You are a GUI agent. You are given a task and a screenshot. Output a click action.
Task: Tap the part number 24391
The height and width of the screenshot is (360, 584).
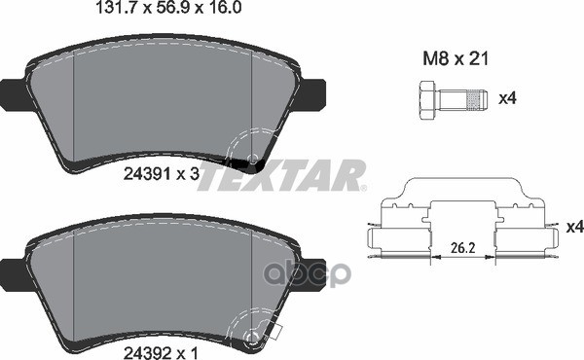pyautogui.click(x=142, y=175)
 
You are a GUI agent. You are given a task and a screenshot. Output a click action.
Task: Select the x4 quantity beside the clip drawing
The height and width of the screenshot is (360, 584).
pyautogui.click(x=574, y=228)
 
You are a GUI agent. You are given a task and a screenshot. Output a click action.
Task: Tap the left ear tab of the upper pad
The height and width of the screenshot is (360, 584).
pyautogui.click(x=13, y=93)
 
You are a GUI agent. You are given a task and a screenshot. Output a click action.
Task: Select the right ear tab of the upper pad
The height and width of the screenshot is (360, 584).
pyautogui.click(x=315, y=93)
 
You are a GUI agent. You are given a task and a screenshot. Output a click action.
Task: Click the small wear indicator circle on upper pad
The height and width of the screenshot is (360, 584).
pyautogui.click(x=253, y=159)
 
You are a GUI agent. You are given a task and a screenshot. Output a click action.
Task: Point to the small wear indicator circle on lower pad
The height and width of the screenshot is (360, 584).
pyautogui.click(x=254, y=336)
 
